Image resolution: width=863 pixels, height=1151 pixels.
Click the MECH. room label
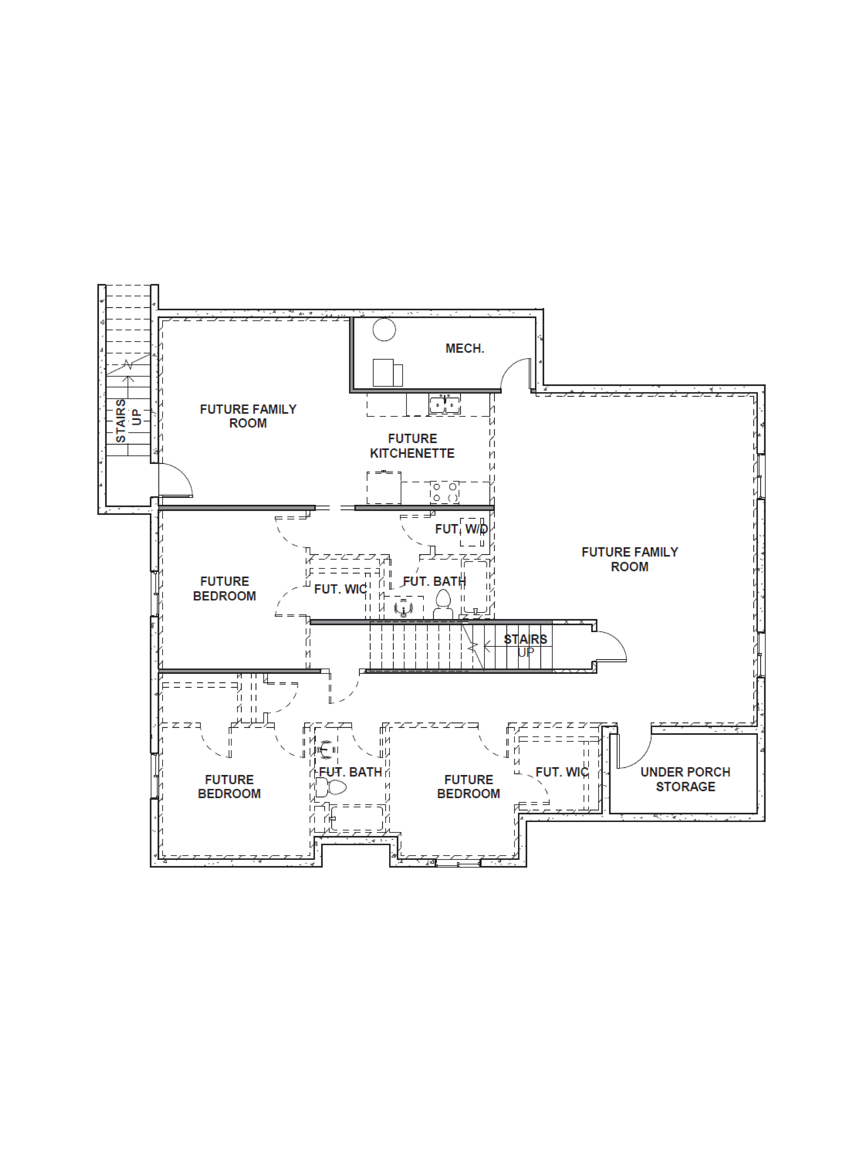(465, 349)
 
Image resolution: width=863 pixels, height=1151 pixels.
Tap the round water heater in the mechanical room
(384, 329)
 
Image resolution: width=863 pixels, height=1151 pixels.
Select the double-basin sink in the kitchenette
(444, 404)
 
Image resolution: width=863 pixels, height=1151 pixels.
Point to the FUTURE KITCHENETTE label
(412, 446)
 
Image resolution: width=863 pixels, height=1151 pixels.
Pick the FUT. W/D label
(461, 529)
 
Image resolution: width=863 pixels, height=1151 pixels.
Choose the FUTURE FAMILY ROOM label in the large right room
(629, 559)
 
